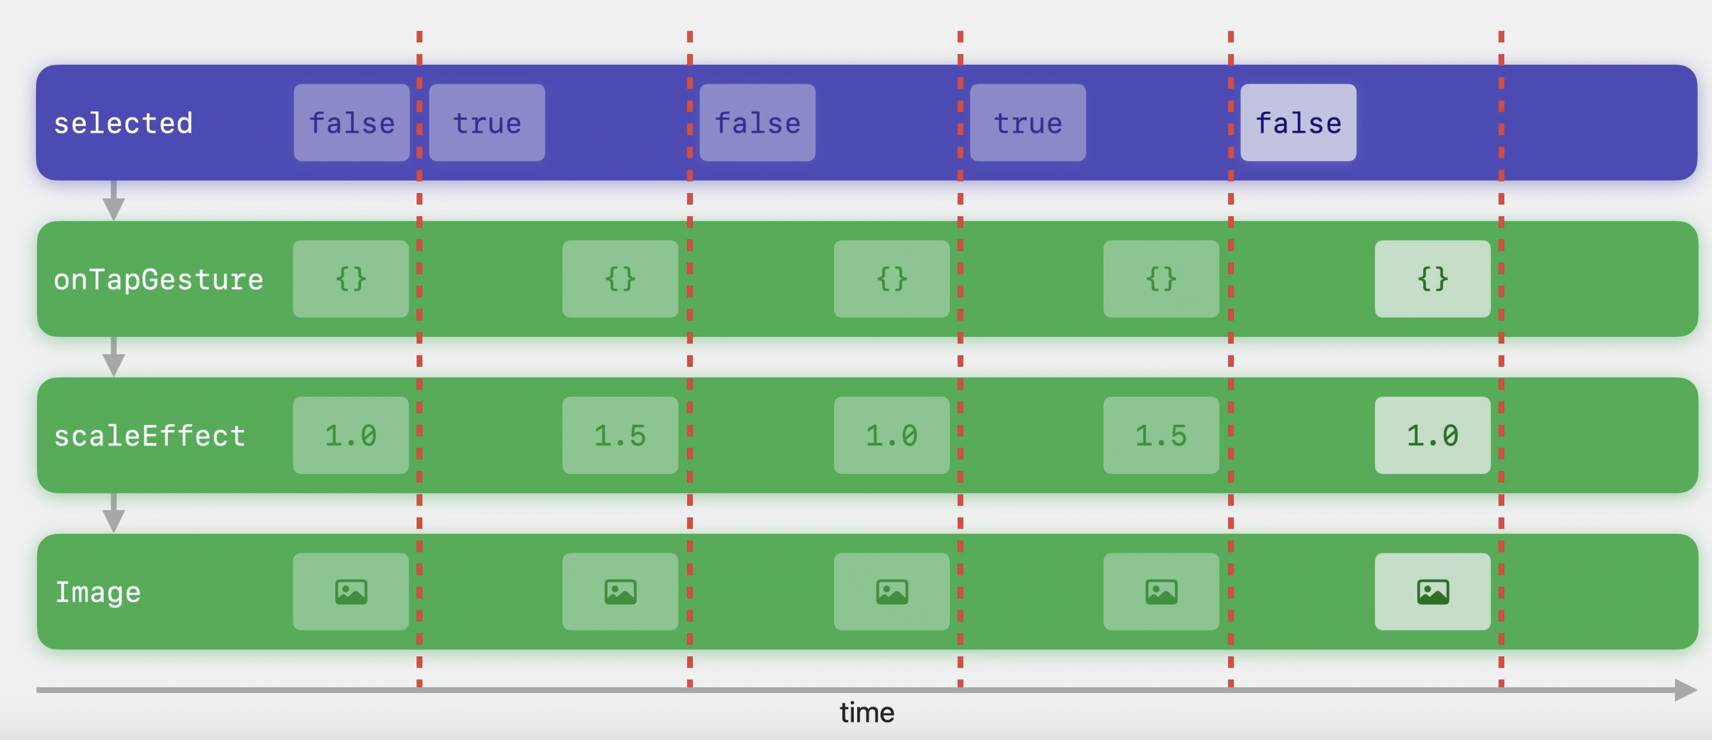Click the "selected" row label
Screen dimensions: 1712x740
point(123,123)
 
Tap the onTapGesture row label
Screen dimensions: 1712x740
point(158,280)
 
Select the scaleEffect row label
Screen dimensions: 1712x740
point(150,436)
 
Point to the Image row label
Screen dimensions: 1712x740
point(98,593)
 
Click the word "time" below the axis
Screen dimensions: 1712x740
point(867,713)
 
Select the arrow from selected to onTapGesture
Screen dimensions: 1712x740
point(114,200)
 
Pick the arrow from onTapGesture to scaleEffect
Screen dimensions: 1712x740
point(114,357)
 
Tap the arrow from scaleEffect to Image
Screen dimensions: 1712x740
point(114,513)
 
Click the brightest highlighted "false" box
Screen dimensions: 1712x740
point(1298,123)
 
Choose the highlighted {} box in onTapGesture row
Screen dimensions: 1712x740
point(1432,279)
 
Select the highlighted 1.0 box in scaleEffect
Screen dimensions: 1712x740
point(1432,435)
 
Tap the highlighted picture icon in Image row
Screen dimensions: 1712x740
point(1432,592)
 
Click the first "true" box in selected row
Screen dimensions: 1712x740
point(487,123)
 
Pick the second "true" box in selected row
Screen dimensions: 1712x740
point(1028,123)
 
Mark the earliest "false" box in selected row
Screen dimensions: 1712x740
point(352,123)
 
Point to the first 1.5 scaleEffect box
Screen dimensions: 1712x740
point(620,435)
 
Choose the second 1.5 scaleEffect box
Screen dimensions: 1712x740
point(1161,435)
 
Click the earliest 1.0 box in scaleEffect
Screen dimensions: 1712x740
point(351,435)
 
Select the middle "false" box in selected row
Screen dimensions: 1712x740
point(758,123)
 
